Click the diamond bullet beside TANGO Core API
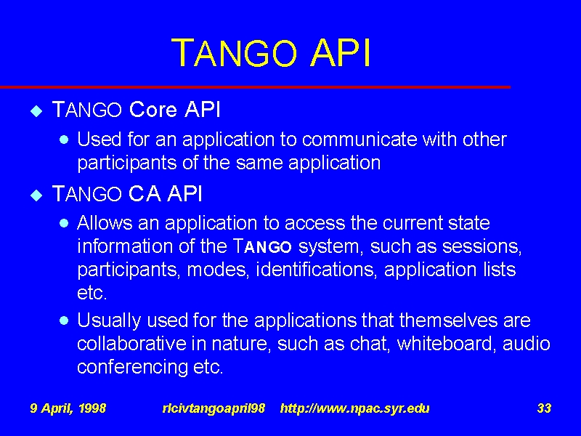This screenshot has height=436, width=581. point(36,111)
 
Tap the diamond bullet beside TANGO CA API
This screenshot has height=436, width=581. point(36,195)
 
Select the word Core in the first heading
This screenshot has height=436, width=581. point(153,110)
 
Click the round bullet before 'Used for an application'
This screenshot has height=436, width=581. point(64,140)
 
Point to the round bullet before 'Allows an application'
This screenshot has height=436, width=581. point(64,223)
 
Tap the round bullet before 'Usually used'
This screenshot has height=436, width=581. point(64,320)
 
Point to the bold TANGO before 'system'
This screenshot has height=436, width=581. point(262,246)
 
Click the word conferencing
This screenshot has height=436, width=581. point(133,368)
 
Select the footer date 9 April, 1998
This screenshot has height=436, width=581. point(68,408)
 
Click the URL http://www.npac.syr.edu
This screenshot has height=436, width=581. point(355,408)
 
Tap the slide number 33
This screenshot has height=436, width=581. point(544,408)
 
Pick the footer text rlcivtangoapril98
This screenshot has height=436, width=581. point(214,408)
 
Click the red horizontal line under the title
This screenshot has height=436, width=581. point(256,87)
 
